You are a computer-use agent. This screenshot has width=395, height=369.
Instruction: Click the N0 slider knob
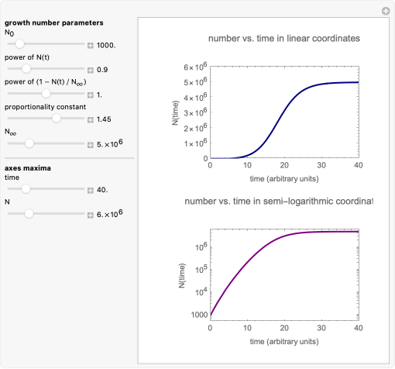click(x=19, y=44)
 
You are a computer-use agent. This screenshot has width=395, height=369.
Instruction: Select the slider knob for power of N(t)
click(x=26, y=69)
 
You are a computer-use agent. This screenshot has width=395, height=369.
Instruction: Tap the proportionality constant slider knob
click(x=57, y=119)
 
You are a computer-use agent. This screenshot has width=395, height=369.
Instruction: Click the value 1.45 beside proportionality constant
click(x=104, y=119)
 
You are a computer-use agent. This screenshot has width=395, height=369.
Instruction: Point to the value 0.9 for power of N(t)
click(x=102, y=70)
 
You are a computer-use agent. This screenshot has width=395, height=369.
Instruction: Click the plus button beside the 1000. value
click(x=90, y=46)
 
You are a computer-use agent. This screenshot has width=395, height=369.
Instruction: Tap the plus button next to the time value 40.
click(x=90, y=191)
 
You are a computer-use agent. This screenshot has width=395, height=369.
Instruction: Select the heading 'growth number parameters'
click(x=54, y=22)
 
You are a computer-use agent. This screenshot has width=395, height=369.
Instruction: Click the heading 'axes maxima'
click(x=28, y=168)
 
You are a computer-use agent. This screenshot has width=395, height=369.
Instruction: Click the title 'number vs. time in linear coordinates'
click(x=284, y=39)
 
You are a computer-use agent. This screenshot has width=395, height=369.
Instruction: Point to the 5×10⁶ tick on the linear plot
click(x=195, y=81)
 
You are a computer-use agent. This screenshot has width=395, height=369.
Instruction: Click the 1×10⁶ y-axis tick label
click(x=195, y=143)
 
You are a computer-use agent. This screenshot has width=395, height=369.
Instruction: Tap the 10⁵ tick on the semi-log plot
click(x=201, y=270)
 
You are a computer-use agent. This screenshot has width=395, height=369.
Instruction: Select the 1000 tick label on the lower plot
click(x=199, y=315)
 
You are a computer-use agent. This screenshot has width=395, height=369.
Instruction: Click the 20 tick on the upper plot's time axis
click(x=284, y=165)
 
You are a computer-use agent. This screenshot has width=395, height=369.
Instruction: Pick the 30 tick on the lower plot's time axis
click(x=321, y=328)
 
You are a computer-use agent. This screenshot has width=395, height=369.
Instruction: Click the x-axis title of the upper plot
click(x=284, y=179)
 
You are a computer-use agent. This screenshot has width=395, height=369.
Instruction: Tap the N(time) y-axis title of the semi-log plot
click(x=182, y=275)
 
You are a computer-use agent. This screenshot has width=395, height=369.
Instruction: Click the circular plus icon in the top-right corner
click(x=386, y=11)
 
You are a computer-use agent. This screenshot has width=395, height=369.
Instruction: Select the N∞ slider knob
click(x=29, y=143)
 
